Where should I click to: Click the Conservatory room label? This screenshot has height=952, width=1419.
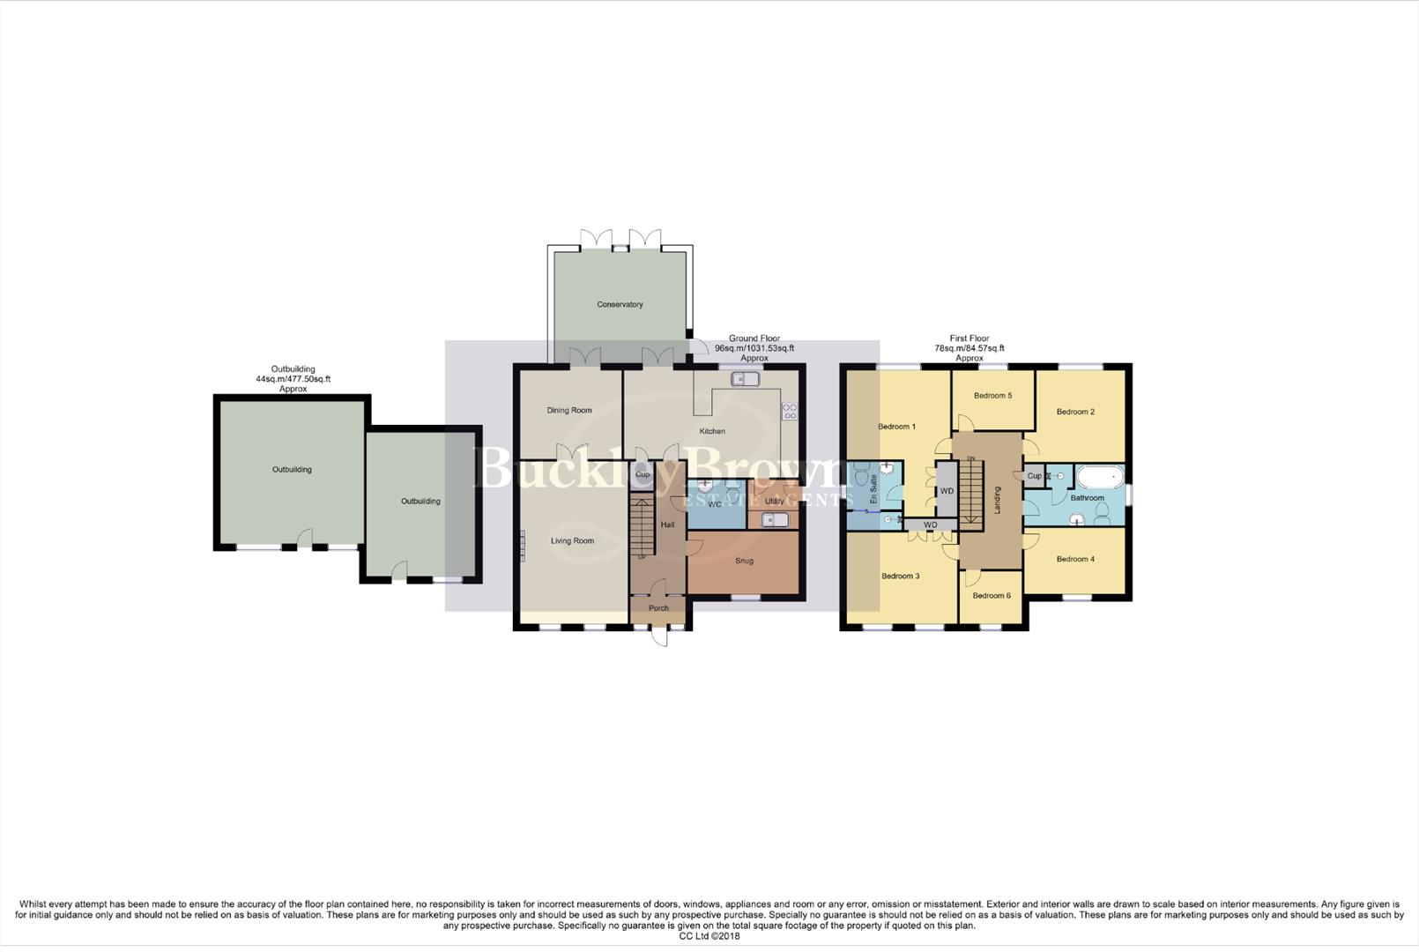click(620, 304)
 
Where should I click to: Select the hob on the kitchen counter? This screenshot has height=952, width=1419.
click(789, 411)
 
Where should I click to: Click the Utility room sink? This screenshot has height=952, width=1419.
click(775, 519)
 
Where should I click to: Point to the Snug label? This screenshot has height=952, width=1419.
click(744, 561)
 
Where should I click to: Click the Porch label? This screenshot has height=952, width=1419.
click(658, 608)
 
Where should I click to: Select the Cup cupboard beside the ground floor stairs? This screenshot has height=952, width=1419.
click(643, 475)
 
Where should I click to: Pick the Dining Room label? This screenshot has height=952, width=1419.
click(569, 410)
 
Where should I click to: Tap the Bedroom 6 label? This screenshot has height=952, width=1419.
click(991, 596)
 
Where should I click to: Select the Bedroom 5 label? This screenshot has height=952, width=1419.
click(992, 396)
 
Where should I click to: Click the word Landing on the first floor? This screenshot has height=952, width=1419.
click(998, 500)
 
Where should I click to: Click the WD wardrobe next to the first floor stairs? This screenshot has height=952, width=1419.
click(947, 491)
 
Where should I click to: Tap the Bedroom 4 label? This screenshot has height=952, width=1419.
click(1075, 559)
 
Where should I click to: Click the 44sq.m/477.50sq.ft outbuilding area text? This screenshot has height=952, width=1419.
click(293, 379)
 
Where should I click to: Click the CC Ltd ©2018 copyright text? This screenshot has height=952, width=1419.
click(709, 936)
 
